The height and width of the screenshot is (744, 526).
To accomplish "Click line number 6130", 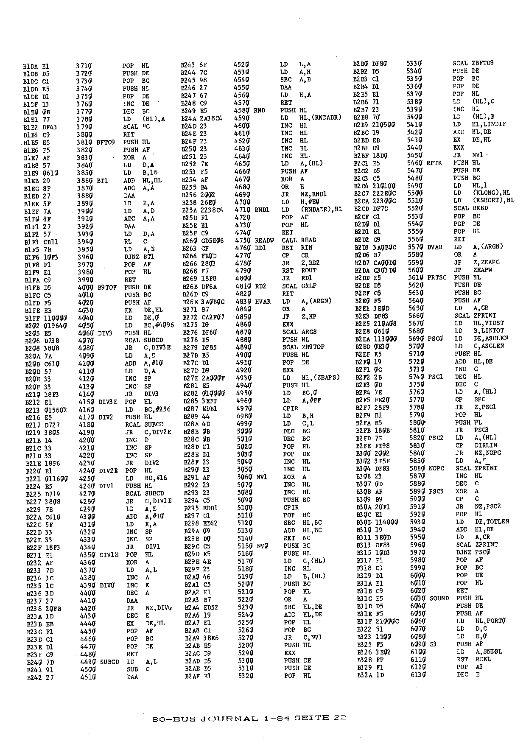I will [418, 674].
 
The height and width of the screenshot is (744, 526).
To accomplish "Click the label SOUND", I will [439, 598].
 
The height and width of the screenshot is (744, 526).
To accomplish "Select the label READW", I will [264, 240].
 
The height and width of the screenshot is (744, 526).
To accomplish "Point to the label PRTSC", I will [438, 277].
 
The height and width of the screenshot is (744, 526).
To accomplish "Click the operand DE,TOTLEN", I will [491, 522].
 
